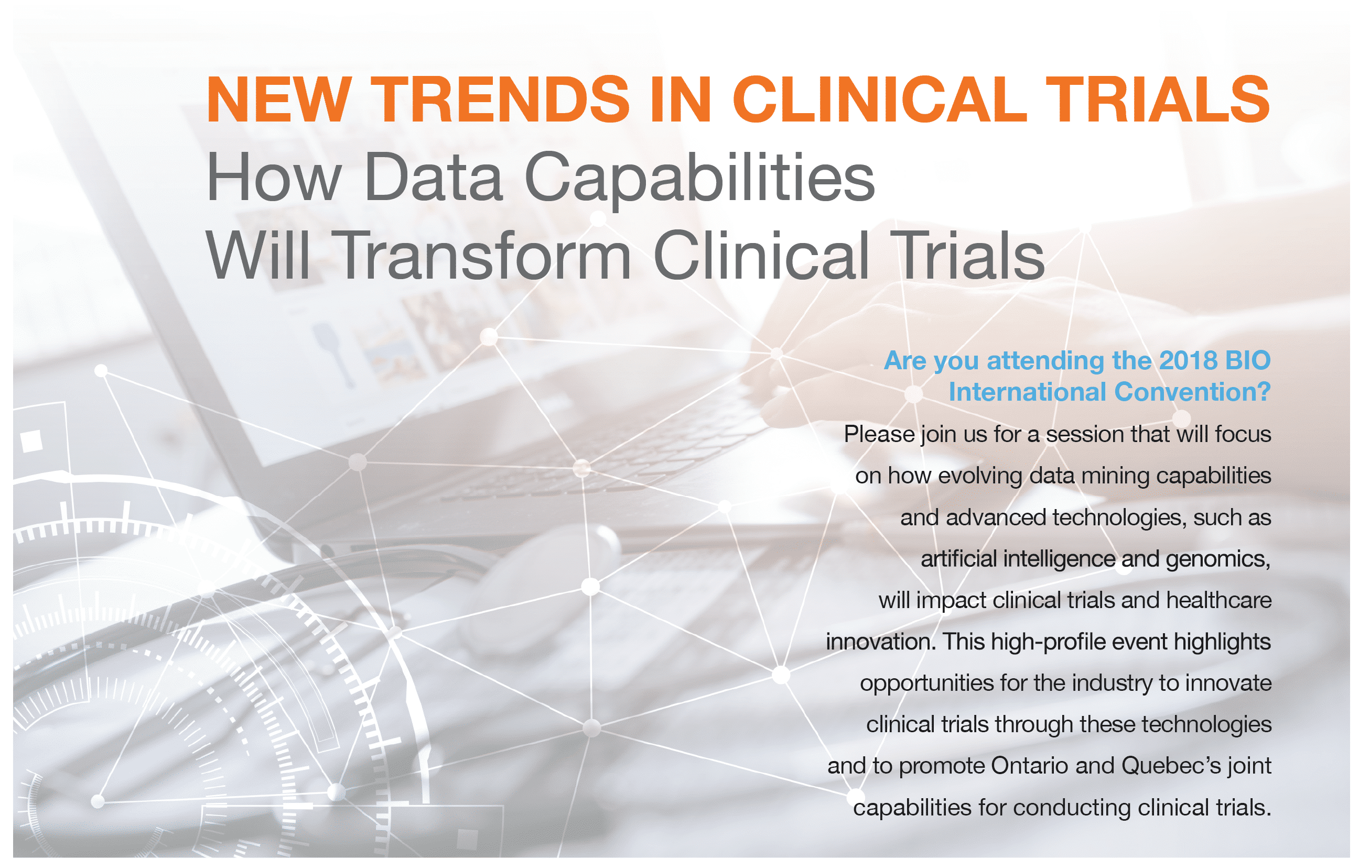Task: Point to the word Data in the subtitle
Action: (x=433, y=177)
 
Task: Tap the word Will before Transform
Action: (x=258, y=255)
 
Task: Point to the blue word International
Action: (x=1027, y=392)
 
